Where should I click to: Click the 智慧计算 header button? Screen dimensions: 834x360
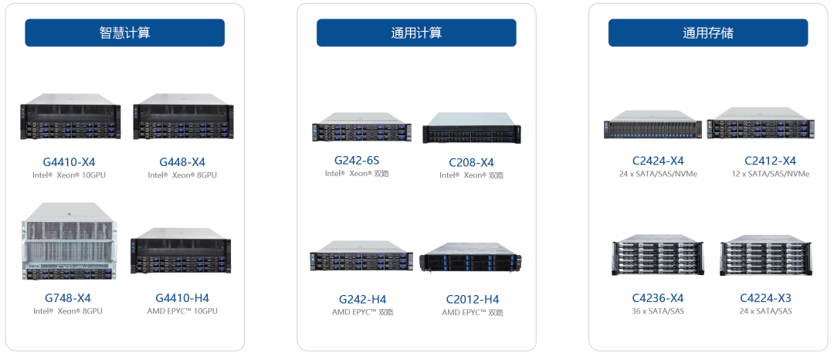(124, 33)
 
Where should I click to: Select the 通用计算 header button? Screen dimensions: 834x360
(416, 33)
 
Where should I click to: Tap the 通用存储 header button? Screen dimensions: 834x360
(708, 33)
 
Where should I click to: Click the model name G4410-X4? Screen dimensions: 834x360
(69, 162)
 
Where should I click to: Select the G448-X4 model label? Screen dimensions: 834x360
(182, 162)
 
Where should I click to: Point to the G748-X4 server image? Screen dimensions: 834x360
(67, 242)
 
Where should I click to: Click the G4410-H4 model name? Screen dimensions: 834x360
(182, 297)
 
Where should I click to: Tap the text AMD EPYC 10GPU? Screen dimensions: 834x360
(182, 311)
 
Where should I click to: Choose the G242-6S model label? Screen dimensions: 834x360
(357, 160)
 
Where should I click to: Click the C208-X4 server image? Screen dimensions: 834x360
(472, 127)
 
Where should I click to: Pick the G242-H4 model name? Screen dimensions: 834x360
(363, 299)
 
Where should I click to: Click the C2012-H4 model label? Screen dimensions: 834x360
(473, 300)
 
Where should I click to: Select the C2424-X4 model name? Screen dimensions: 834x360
(658, 161)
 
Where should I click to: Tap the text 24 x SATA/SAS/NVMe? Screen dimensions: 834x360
(658, 174)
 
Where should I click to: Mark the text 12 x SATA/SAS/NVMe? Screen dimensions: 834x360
(770, 174)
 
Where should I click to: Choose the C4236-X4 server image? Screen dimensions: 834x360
(658, 255)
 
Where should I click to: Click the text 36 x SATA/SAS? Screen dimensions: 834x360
(658, 311)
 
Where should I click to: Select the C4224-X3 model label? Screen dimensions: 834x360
(766, 297)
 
